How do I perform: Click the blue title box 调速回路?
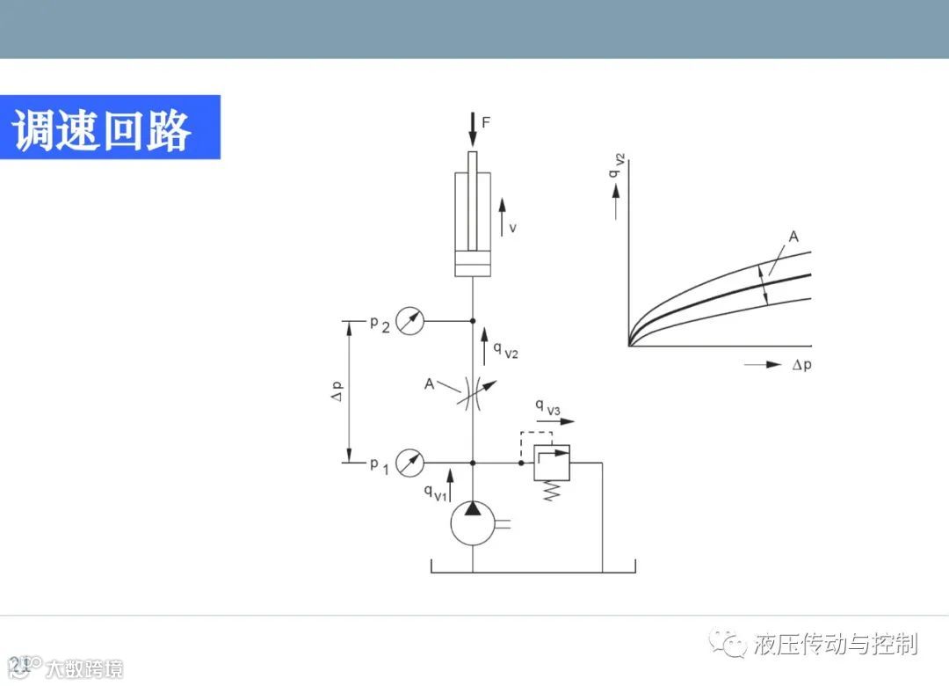click(x=109, y=128)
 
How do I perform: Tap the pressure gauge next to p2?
click(x=409, y=321)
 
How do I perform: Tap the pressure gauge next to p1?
click(x=409, y=462)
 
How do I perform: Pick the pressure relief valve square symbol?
click(x=552, y=463)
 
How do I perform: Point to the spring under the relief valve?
click(x=552, y=491)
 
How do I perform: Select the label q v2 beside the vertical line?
click(x=504, y=350)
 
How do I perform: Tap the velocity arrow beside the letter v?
click(x=503, y=215)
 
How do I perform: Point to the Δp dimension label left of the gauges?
click(x=336, y=392)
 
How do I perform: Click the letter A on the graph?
click(x=793, y=237)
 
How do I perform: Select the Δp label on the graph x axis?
click(x=801, y=365)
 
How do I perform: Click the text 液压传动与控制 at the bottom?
click(x=836, y=644)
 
